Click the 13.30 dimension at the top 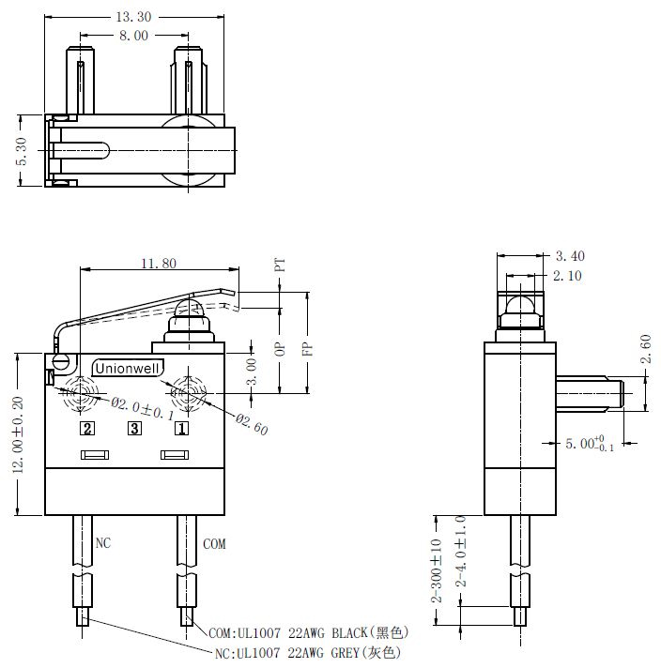[x=133, y=17]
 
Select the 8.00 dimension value [x=133, y=36]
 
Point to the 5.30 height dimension [x=23, y=151]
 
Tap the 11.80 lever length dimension [x=159, y=264]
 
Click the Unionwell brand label [x=128, y=369]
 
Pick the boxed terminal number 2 [x=87, y=428]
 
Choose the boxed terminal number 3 [x=135, y=428]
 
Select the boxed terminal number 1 [x=181, y=428]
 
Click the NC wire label [x=102, y=543]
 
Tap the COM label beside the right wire [x=214, y=544]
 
